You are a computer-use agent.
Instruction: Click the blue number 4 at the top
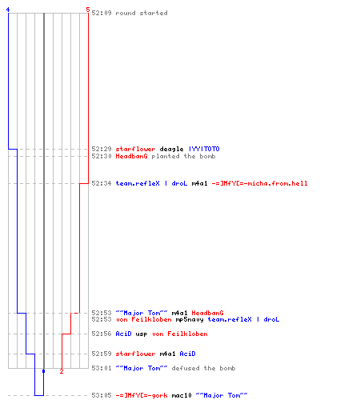8,10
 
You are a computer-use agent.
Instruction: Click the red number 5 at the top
88,10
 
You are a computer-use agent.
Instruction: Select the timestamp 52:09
102,13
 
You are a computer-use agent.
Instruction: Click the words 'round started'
142,13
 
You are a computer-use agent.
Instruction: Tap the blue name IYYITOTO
204,149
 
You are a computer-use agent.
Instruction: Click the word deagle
171,149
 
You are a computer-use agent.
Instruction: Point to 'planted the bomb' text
183,156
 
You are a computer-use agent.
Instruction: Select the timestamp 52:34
102,183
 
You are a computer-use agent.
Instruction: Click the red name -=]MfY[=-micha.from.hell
259,183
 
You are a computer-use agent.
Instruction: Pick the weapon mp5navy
190,319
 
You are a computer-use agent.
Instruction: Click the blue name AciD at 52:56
123,334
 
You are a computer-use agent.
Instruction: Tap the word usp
142,334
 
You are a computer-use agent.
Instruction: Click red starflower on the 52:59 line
135,354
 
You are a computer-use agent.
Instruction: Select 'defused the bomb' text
203,368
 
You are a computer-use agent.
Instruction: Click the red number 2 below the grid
62,371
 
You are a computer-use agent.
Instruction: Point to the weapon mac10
182,395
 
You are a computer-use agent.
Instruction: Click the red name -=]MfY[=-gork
142,395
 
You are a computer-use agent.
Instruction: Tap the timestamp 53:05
102,395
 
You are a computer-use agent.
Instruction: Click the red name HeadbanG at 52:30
131,156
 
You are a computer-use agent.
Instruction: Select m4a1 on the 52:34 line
199,183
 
